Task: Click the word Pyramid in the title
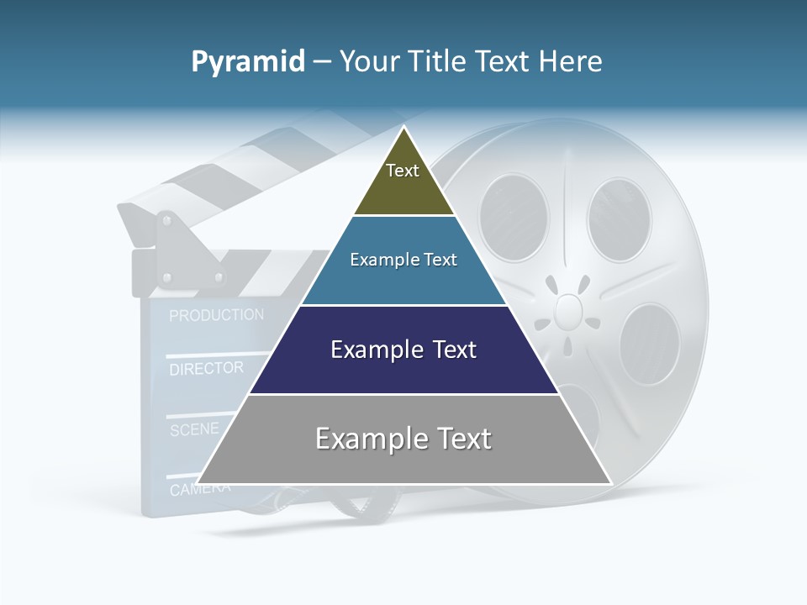(x=247, y=62)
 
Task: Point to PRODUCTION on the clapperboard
(x=216, y=316)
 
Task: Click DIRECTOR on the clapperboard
(x=206, y=368)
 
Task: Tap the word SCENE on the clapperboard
(x=194, y=429)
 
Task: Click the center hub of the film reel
(x=569, y=310)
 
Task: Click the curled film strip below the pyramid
(x=361, y=504)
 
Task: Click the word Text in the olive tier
(x=403, y=171)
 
